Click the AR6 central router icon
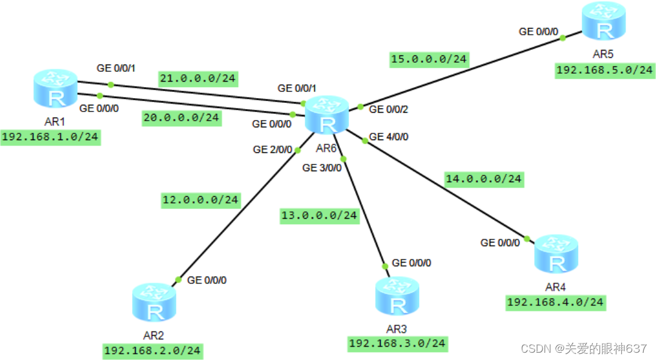[x=327, y=116]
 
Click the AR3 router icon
[x=397, y=297]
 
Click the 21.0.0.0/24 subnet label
[x=197, y=79]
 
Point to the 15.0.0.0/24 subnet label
[x=429, y=59]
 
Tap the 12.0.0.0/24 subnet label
[x=200, y=200]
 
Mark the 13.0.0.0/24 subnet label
[x=319, y=216]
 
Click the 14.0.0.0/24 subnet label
[x=484, y=179]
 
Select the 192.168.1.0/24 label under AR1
[x=49, y=137]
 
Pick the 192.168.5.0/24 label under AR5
[x=604, y=70]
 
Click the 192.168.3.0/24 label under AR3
[x=397, y=344]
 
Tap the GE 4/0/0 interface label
[x=388, y=137]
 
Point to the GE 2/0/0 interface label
[x=272, y=150]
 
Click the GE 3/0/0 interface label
[x=322, y=168]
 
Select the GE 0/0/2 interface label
[x=389, y=110]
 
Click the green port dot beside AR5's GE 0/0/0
[x=562, y=38]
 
